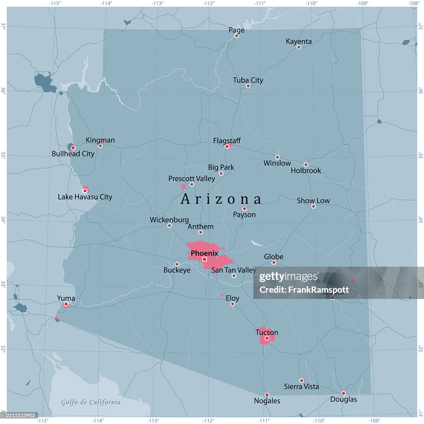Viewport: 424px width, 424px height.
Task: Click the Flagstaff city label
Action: coord(227,141)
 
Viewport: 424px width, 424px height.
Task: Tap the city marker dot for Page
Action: coord(236,36)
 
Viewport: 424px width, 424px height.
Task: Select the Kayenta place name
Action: coord(299,41)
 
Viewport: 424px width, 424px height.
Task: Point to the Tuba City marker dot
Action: coord(248,86)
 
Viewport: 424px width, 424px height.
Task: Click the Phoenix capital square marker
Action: coord(204,259)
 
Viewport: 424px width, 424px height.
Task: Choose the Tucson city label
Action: coord(267,332)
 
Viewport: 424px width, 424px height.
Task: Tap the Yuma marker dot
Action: coord(66,304)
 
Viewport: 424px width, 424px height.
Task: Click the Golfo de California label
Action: coord(91,402)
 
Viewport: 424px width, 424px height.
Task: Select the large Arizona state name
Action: coord(221,199)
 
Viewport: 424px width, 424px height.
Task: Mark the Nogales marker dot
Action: coord(267,395)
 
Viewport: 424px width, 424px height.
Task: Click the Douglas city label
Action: coord(343,400)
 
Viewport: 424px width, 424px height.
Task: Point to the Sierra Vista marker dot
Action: coord(301,381)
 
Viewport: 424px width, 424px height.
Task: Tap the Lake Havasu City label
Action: coord(85,197)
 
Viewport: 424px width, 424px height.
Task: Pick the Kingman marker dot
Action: coord(100,146)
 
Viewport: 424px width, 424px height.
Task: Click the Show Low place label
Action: coord(313,200)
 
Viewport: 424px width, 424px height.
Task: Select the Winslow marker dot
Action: coord(277,157)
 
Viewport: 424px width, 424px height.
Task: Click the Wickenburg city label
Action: coord(169,220)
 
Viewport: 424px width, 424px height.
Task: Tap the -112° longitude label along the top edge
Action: coord(208,3)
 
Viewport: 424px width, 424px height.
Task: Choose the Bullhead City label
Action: coord(73,154)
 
